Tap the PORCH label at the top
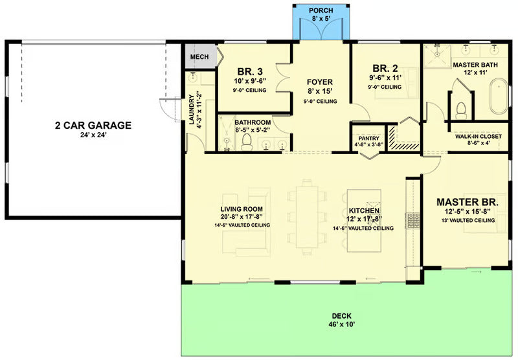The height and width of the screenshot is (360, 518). click(x=321, y=10)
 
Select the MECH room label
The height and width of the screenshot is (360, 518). click(x=199, y=58)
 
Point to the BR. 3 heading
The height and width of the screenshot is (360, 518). click(x=249, y=71)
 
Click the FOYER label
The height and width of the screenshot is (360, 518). click(x=320, y=82)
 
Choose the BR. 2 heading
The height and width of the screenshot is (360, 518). click(x=385, y=67)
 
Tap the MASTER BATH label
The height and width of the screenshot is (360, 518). click(x=475, y=65)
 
